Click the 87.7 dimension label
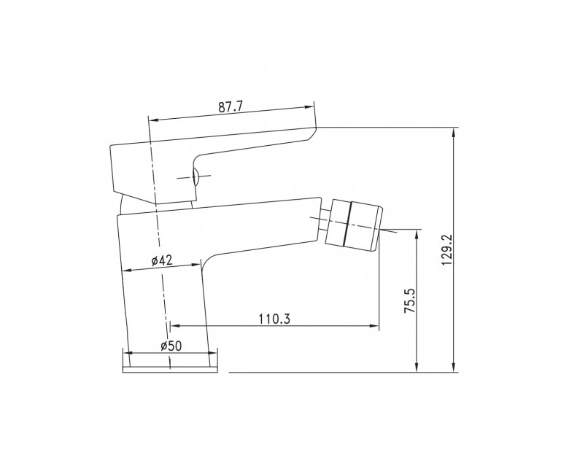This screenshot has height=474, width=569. tap(230, 107)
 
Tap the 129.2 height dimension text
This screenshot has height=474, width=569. tap(447, 249)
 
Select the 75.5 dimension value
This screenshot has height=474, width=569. tap(410, 301)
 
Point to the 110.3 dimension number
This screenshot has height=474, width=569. tap(274, 319)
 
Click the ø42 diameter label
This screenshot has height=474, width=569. tap(161, 260)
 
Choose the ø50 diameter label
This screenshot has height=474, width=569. tap(171, 346)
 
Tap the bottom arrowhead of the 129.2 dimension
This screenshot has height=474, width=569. tap(453, 368)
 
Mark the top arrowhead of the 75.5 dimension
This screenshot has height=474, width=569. tap(417, 233)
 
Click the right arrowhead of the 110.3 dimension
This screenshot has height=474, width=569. tap(374, 326)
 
